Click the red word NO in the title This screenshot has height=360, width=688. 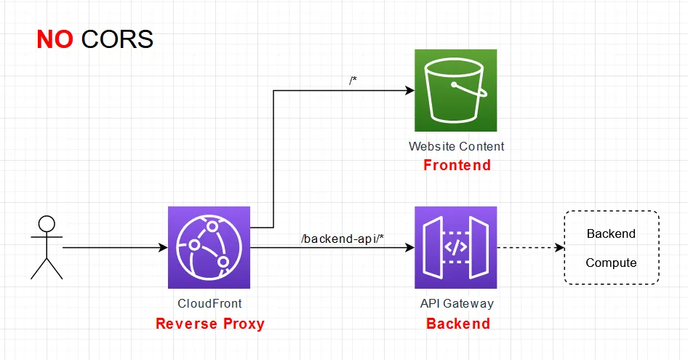coord(55,39)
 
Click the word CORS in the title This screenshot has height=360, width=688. coord(117,39)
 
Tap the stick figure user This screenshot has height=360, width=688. coord(47,247)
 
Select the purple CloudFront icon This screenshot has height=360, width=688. coord(209,247)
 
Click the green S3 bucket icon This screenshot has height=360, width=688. coord(455,90)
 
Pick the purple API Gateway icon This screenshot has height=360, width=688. coord(455,247)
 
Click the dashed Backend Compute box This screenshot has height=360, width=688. coord(611,248)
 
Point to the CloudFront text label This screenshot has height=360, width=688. coord(209,303)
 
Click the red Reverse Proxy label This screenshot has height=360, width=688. coord(209,324)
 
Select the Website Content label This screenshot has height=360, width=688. coord(456,146)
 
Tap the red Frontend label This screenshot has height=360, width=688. coord(457,166)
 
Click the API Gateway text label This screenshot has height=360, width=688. coord(457,303)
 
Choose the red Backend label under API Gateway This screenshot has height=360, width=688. coord(457,324)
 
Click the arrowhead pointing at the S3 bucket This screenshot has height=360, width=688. coord(409,91)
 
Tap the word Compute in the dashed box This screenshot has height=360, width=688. coord(611,263)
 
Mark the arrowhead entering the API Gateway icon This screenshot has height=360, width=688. coord(409,248)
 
